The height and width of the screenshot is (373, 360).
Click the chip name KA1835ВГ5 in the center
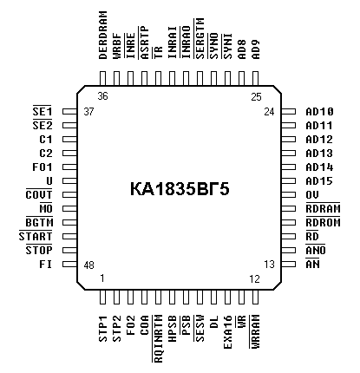pyautogui.click(x=180, y=189)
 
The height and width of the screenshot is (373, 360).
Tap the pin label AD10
pyautogui.click(x=319, y=112)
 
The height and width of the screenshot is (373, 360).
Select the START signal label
pyautogui.click(x=36, y=236)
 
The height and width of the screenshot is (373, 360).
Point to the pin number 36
pyautogui.click(x=102, y=95)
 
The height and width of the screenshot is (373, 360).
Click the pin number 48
pyautogui.click(x=88, y=265)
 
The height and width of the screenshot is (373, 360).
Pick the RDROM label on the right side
pyautogui.click(x=323, y=222)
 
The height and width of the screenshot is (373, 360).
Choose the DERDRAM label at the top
pyautogui.click(x=103, y=35)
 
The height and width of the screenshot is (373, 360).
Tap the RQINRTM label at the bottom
pyautogui.click(x=158, y=338)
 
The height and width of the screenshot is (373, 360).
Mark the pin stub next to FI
pyautogui.click(x=69, y=264)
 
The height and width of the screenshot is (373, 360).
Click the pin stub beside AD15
pyautogui.click(x=289, y=181)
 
